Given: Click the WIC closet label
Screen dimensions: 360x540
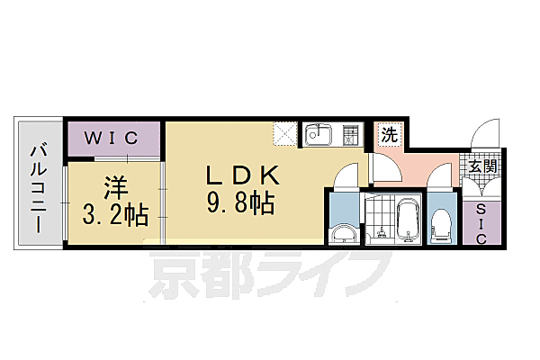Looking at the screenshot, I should (x=112, y=138).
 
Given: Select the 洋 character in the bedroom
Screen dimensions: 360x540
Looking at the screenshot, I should (x=115, y=188).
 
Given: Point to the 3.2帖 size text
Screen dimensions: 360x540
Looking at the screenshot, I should (x=115, y=216).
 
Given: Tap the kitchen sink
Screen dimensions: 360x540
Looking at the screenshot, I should (x=319, y=136).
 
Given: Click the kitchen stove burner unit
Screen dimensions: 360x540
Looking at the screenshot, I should (x=351, y=136).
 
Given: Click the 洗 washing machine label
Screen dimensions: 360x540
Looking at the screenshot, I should (x=389, y=136).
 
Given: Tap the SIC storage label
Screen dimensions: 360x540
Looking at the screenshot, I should (x=480, y=220).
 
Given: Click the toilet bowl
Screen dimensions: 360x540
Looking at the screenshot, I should (x=441, y=225).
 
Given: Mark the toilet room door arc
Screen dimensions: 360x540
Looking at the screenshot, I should (x=441, y=180).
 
